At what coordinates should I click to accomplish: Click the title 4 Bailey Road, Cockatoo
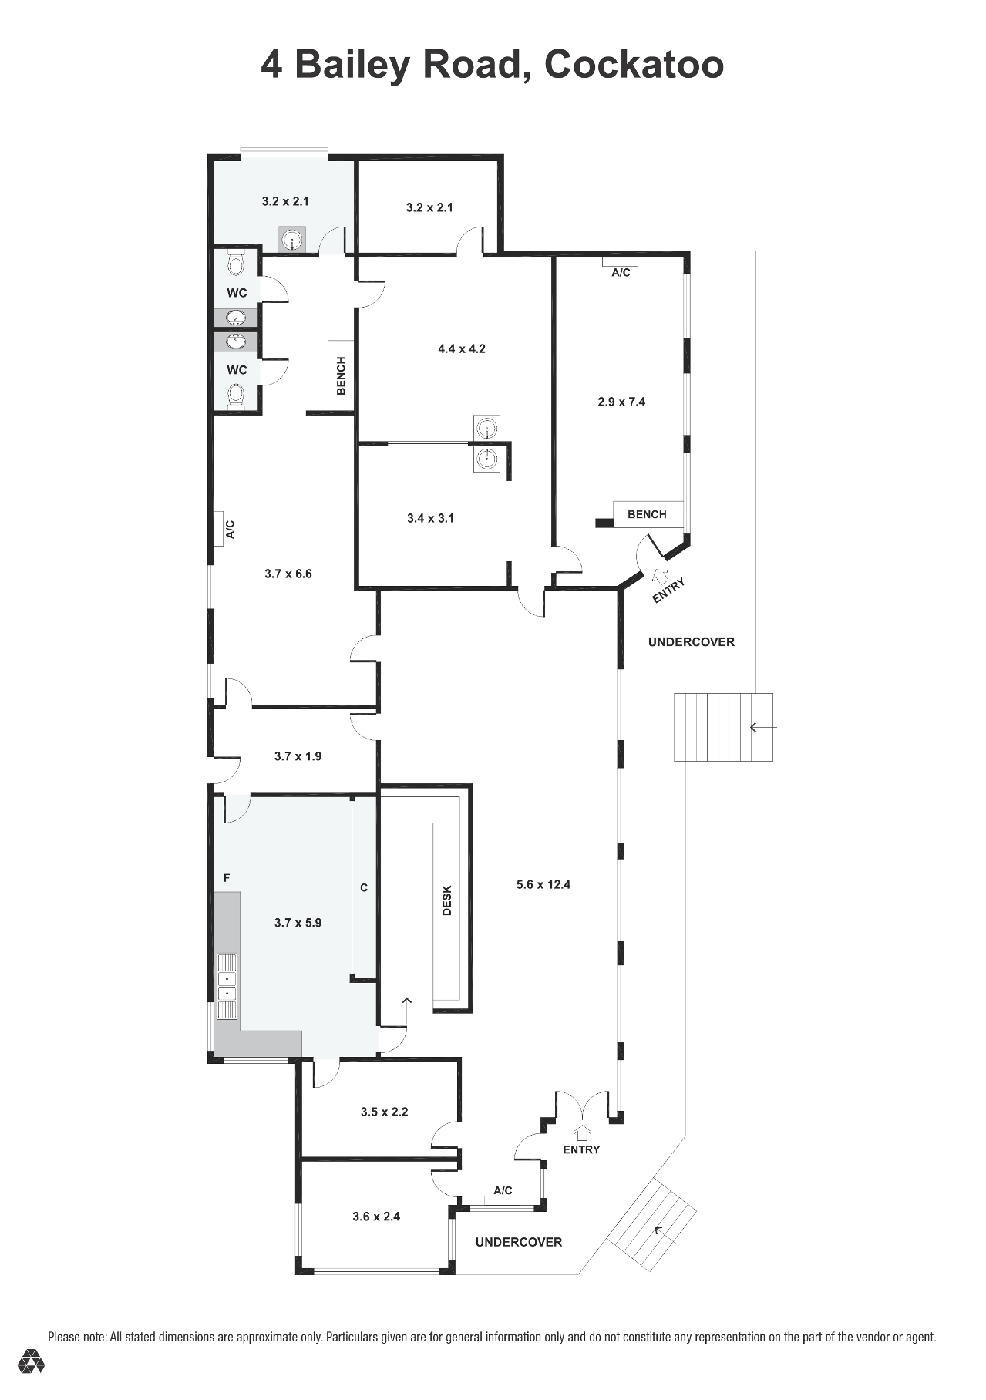tap(492, 65)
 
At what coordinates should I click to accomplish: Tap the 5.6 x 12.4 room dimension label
tap(543, 884)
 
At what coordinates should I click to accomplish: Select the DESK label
tap(447, 900)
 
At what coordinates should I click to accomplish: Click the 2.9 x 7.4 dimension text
tap(621, 402)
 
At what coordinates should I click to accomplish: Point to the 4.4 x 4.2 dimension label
tap(462, 348)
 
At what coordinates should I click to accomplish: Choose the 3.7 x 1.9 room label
tap(298, 756)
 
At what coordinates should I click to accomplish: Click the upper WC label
tap(237, 293)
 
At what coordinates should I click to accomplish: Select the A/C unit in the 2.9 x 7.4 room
tap(621, 262)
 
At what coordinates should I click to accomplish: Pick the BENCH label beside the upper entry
tap(647, 514)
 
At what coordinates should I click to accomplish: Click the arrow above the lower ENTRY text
tap(583, 1132)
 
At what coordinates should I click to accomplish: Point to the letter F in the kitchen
tap(227, 877)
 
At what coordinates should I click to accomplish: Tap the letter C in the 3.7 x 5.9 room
tap(364, 887)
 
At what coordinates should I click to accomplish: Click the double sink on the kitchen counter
tap(227, 987)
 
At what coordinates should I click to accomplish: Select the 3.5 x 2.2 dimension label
tap(384, 1112)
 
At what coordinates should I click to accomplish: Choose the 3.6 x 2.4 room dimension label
tap(376, 1217)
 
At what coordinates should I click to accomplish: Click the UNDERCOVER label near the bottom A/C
tap(519, 1242)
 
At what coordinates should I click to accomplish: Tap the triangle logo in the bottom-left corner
tap(32, 1361)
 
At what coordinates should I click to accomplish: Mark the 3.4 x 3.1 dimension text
tap(430, 518)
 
